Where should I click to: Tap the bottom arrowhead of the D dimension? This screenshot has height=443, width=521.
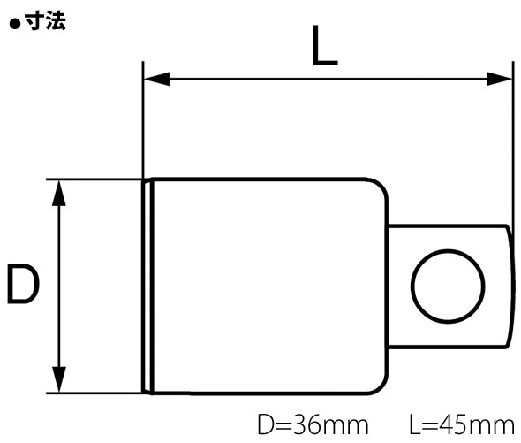tap(60, 381)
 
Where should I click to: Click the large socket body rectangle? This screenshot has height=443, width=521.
tap(265, 285)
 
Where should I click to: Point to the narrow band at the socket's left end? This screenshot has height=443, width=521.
tap(148, 285)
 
